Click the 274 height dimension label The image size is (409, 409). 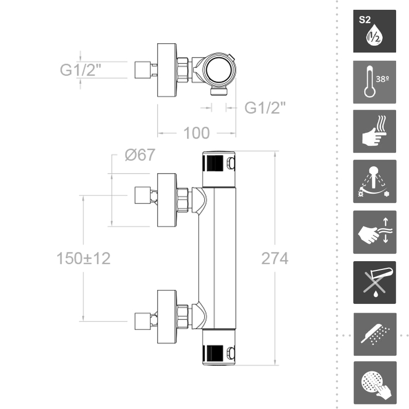pos(274,259)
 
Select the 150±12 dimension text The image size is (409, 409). pos(83,259)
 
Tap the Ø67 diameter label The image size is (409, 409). pos(139,156)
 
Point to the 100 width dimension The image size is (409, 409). pos(196,133)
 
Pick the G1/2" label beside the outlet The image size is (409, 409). pos(265,108)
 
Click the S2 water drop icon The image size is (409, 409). pos(374,31)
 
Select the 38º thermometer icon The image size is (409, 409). pos(374,82)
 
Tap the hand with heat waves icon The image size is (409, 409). pos(374,131)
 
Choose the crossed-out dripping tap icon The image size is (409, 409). pos(374,282)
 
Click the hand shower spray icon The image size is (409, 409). pos(374,333)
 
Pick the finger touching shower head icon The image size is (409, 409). pos(374,382)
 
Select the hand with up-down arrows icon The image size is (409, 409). pos(374,232)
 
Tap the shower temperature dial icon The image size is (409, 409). pos(374,182)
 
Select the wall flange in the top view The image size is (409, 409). pos(166,70)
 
